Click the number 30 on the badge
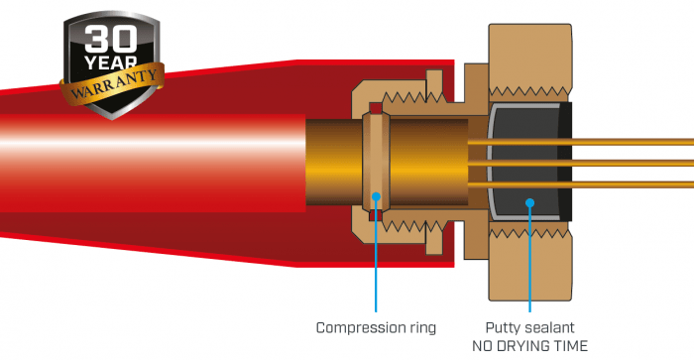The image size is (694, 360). [111, 39]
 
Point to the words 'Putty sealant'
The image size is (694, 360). [529, 327]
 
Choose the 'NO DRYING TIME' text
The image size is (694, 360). [529, 345]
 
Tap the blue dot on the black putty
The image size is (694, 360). [530, 203]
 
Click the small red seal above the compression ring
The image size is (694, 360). [376, 107]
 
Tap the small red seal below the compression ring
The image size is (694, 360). [376, 215]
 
